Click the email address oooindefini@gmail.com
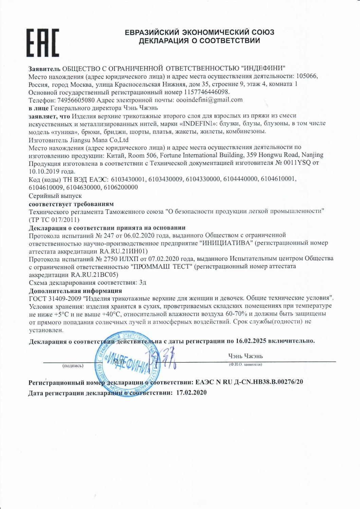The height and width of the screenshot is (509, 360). pos(209,100)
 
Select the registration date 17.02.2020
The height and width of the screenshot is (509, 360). pos(191,393)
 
